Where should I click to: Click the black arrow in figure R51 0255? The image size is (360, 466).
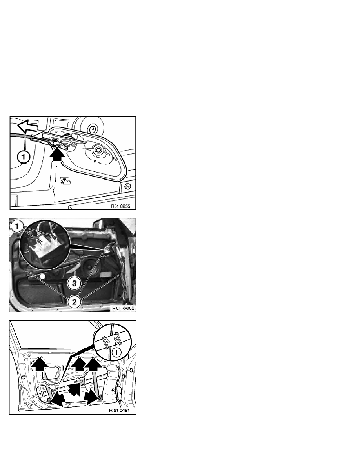tap(57, 153)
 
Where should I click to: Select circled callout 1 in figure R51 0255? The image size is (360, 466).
tap(24, 157)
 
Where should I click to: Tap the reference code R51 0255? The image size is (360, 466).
tap(120, 206)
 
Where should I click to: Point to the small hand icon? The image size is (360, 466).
tap(65, 181)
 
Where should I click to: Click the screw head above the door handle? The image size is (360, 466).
tap(93, 129)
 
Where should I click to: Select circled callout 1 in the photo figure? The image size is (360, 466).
tap(16, 226)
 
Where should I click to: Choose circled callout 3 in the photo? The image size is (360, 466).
tap(74, 283)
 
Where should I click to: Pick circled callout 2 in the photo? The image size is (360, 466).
tap(74, 302)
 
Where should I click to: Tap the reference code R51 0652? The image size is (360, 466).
tap(123, 308)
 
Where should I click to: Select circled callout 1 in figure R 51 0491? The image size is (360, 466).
tap(116, 353)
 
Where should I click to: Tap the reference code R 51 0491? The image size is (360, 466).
tap(119, 410)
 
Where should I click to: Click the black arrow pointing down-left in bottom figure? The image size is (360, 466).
tap(58, 400)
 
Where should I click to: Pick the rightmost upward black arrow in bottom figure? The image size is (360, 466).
tap(93, 364)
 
